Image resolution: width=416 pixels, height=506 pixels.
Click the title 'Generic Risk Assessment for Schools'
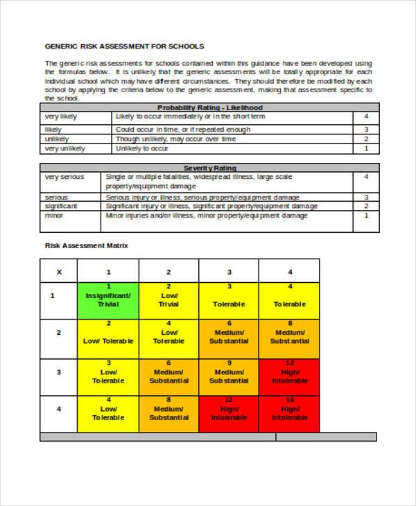pyautogui.click(x=125, y=46)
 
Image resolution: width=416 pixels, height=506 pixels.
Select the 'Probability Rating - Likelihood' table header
pyautogui.click(x=209, y=107)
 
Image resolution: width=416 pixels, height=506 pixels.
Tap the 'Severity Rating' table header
pyautogui.click(x=209, y=168)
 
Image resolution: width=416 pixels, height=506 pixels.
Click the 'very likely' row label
pyautogui.click(x=61, y=116)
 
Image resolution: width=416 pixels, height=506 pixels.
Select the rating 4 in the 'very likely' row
pyautogui.click(x=366, y=116)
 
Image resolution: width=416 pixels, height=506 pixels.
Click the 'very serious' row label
pyautogui.click(x=64, y=177)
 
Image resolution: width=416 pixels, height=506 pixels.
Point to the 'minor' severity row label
pyautogui.click(x=54, y=216)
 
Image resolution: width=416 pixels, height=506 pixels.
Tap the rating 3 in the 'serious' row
pyautogui.click(x=366, y=197)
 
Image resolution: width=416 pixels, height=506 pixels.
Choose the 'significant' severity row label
pyautogui.click(x=61, y=206)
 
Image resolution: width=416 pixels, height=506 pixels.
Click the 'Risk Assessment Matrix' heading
pyautogui.click(x=87, y=245)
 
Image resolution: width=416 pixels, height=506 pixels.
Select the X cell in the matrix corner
pyautogui.click(x=58, y=272)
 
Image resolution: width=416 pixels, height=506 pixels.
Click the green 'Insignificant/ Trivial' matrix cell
pyautogui.click(x=108, y=300)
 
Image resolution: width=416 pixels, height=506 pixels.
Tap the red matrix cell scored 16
pyautogui.click(x=290, y=413)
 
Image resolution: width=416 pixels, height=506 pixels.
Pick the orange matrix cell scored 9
pyautogui.click(x=229, y=376)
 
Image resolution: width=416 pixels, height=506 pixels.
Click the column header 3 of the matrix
pyautogui.click(x=229, y=272)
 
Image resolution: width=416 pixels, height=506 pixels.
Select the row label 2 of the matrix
pyautogui.click(x=58, y=333)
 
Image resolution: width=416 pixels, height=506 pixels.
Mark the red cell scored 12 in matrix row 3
pyautogui.click(x=290, y=376)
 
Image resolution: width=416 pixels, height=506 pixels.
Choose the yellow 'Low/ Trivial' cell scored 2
pyautogui.click(x=168, y=300)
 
